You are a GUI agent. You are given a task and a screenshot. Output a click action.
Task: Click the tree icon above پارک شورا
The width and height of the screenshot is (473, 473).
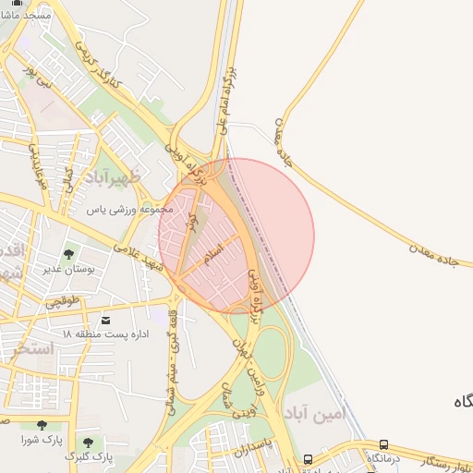coord(42,426)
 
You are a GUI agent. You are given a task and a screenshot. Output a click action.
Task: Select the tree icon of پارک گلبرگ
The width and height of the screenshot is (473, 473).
coord(88,443)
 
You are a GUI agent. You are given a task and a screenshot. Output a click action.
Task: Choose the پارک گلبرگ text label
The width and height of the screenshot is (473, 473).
coord(89,456)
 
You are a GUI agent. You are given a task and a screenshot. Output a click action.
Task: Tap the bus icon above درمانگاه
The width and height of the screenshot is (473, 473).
coord(383,444)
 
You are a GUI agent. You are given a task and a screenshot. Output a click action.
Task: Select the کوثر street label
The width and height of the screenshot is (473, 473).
coord(192,223)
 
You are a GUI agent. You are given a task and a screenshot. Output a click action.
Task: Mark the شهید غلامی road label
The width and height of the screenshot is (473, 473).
coord(142,261)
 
